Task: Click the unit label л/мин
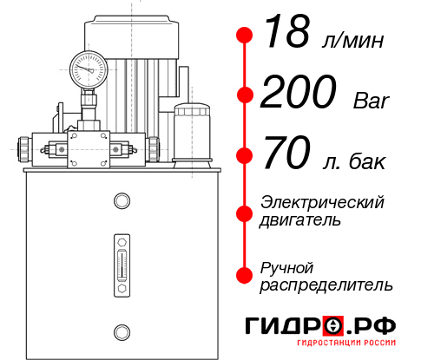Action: (x=352, y=41)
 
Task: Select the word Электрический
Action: (x=322, y=202)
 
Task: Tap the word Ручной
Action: (x=287, y=266)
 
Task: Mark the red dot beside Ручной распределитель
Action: (x=245, y=275)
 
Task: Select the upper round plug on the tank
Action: (x=121, y=202)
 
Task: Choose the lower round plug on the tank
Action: (x=121, y=330)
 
